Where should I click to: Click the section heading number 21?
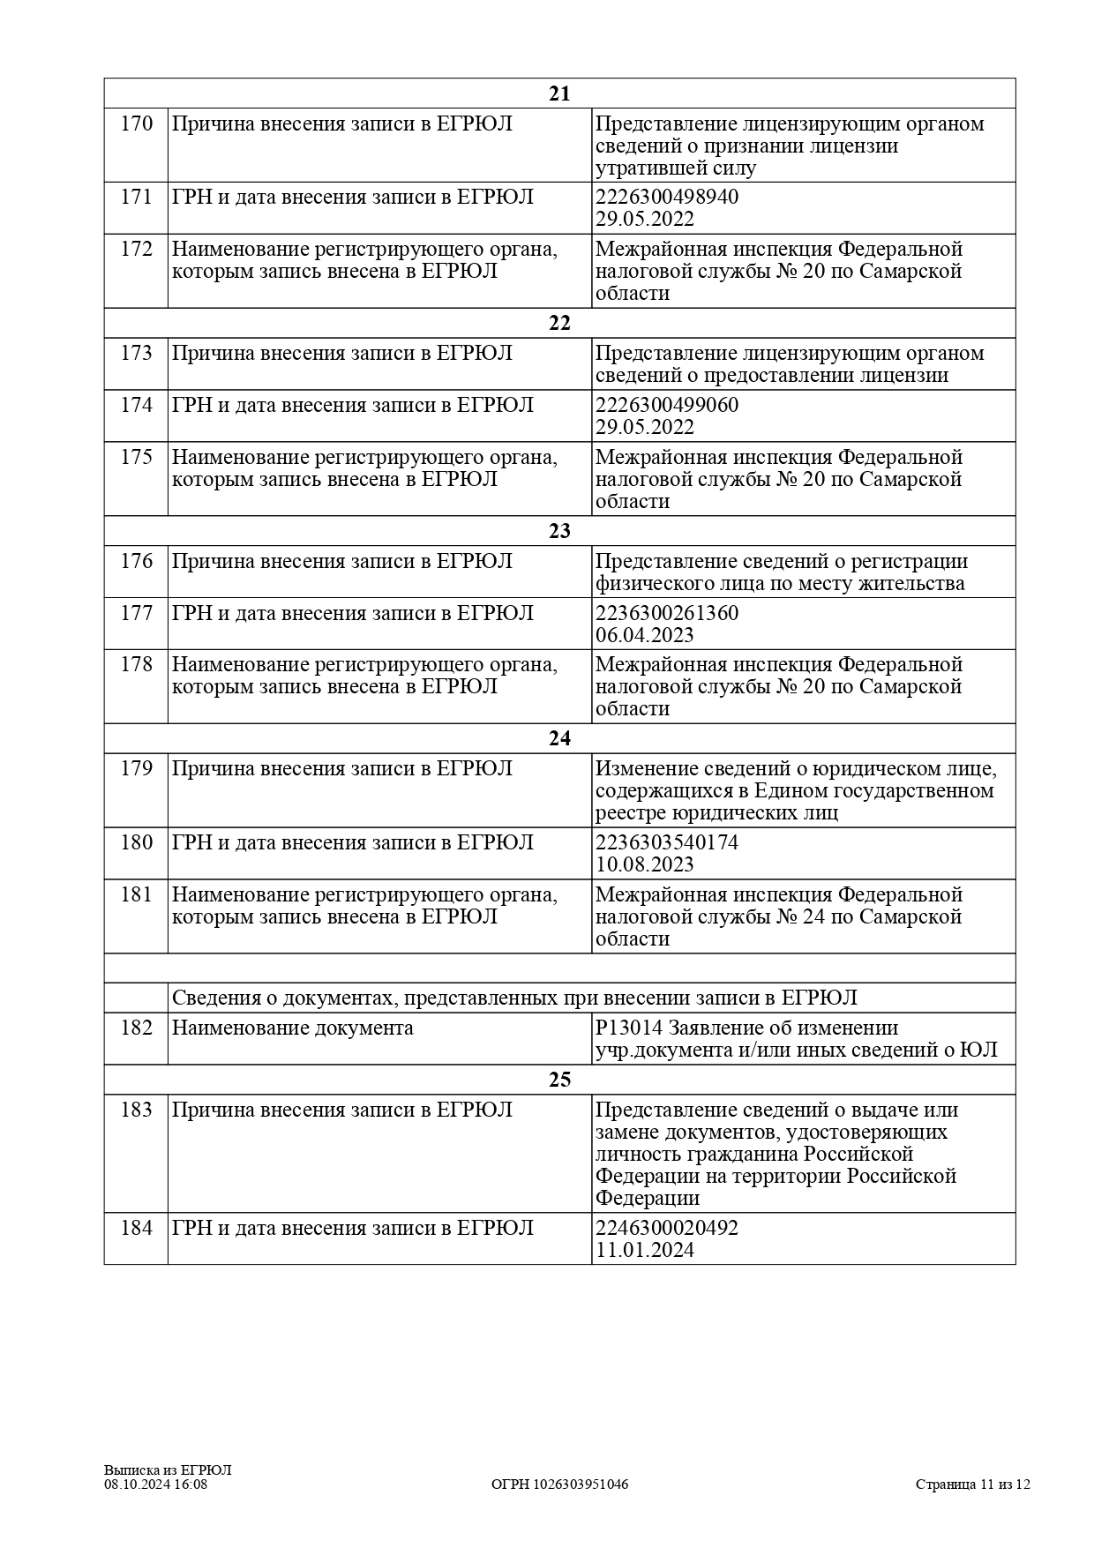(559, 94)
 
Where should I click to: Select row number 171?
(136, 198)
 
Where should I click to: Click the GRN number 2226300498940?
(667, 198)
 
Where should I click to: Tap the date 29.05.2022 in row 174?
(645, 428)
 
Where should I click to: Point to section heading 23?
(559, 531)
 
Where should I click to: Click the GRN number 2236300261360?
(667, 614)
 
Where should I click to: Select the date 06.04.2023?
(645, 636)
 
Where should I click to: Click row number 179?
(136, 769)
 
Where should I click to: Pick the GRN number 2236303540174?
(667, 843)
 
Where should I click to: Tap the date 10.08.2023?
(645, 865)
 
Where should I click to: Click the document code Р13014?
(627, 1028)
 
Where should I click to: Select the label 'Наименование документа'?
(292, 1028)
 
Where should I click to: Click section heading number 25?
(559, 1081)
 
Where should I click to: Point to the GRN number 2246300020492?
(667, 1229)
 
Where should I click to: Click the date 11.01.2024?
(645, 1251)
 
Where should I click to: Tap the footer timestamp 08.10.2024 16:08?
(156, 1484)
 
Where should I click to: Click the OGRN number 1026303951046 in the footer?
(560, 1484)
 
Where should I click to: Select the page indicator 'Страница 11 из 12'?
(972, 1484)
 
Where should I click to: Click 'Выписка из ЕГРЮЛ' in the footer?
(168, 1470)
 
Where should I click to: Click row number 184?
(136, 1229)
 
